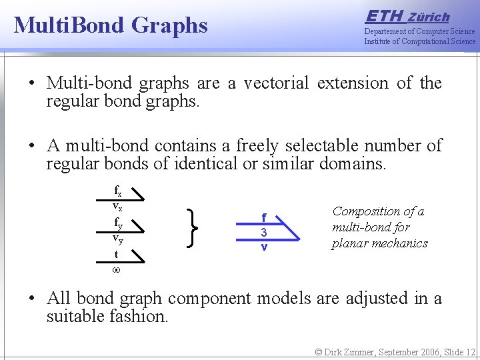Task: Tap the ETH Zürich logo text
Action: click(x=407, y=17)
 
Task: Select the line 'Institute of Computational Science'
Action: click(x=419, y=41)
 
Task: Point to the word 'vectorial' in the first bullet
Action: click(x=276, y=83)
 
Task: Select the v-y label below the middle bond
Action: click(x=117, y=238)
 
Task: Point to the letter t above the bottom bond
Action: click(x=116, y=255)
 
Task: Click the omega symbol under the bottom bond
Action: click(x=116, y=270)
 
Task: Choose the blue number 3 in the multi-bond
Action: click(x=264, y=233)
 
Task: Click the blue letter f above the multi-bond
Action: click(x=264, y=217)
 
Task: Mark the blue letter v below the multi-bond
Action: click(x=264, y=247)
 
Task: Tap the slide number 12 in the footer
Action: click(x=470, y=351)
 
